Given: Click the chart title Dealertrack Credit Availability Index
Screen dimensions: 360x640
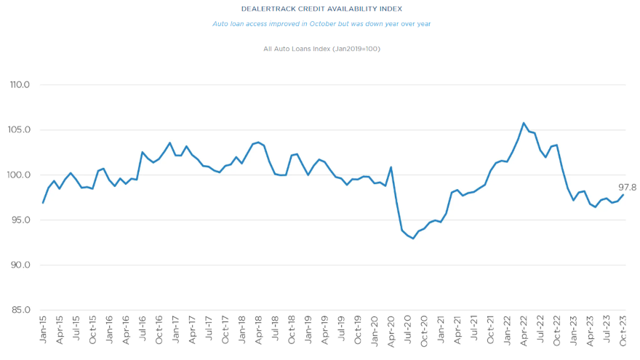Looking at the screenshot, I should pos(321,9).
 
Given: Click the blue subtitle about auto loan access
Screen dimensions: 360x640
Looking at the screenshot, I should pos(321,24).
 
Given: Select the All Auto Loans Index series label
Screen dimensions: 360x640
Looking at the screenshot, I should pos(321,49).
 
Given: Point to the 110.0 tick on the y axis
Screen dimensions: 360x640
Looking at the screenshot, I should pos(20,85).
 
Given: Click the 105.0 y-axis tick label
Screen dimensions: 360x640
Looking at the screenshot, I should pos(20,130).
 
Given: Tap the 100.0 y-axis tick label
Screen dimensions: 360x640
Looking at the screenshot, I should pos(20,175).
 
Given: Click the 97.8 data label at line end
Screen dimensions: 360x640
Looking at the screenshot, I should pos(627,187).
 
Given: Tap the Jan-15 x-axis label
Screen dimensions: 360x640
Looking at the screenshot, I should pos(44,330).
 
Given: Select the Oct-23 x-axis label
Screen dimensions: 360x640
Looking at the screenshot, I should pos(623,330).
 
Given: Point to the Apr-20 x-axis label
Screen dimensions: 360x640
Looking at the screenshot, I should pos(391,330).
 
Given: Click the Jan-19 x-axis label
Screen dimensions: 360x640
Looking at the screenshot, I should pos(308,330).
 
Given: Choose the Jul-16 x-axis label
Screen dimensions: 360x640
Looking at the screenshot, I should pos(143,330).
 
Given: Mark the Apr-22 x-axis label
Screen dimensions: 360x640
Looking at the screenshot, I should pos(524,330).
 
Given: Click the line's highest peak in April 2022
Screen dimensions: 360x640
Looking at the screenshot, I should pos(524,123).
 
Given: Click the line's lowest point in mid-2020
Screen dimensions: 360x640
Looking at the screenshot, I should pos(413,239).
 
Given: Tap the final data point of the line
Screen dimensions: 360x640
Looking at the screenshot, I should pos(623,194).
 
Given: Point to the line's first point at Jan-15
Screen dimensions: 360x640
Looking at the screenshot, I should pos(43,202).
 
